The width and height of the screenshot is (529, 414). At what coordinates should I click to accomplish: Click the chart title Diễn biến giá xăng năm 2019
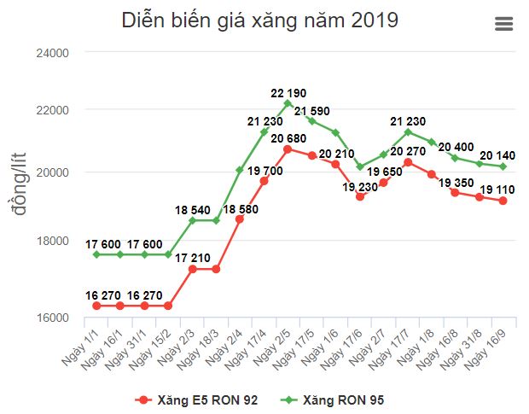[x=259, y=20]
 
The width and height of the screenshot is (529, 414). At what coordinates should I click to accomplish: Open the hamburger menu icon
[x=504, y=24]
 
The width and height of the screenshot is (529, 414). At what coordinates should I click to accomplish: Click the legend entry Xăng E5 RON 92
[x=197, y=399]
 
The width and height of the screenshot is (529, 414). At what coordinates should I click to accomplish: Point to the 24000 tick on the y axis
[x=54, y=52]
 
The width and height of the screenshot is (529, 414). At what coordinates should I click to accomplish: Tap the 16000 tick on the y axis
[x=54, y=318]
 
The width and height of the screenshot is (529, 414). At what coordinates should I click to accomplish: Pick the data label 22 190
[x=288, y=92]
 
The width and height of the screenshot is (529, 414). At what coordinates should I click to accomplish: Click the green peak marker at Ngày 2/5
[x=288, y=103]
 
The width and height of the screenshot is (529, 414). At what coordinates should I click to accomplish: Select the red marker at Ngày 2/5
[x=288, y=149]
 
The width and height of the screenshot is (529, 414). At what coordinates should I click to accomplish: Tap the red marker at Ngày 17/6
[x=360, y=196]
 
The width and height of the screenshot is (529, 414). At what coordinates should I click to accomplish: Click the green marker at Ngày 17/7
[x=408, y=131]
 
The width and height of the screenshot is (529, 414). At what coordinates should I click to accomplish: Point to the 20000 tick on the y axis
[x=54, y=172]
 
